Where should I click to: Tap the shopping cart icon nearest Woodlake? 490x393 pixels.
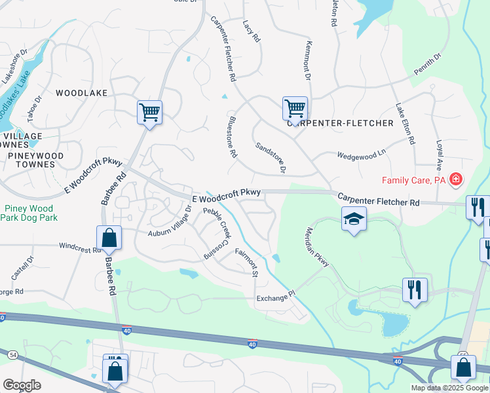[x=149, y=112]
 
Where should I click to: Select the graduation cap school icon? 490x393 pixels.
[x=353, y=220]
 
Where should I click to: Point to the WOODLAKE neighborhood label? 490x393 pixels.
[x=81, y=93]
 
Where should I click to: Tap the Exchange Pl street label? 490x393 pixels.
[x=273, y=298]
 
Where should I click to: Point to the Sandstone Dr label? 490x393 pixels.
[x=271, y=158]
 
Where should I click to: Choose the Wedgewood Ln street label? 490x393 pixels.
[x=362, y=155]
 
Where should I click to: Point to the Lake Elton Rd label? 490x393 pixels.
[x=405, y=124]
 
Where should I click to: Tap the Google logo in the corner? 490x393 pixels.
[x=22, y=385]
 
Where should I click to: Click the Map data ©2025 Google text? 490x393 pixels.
[x=449, y=388]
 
